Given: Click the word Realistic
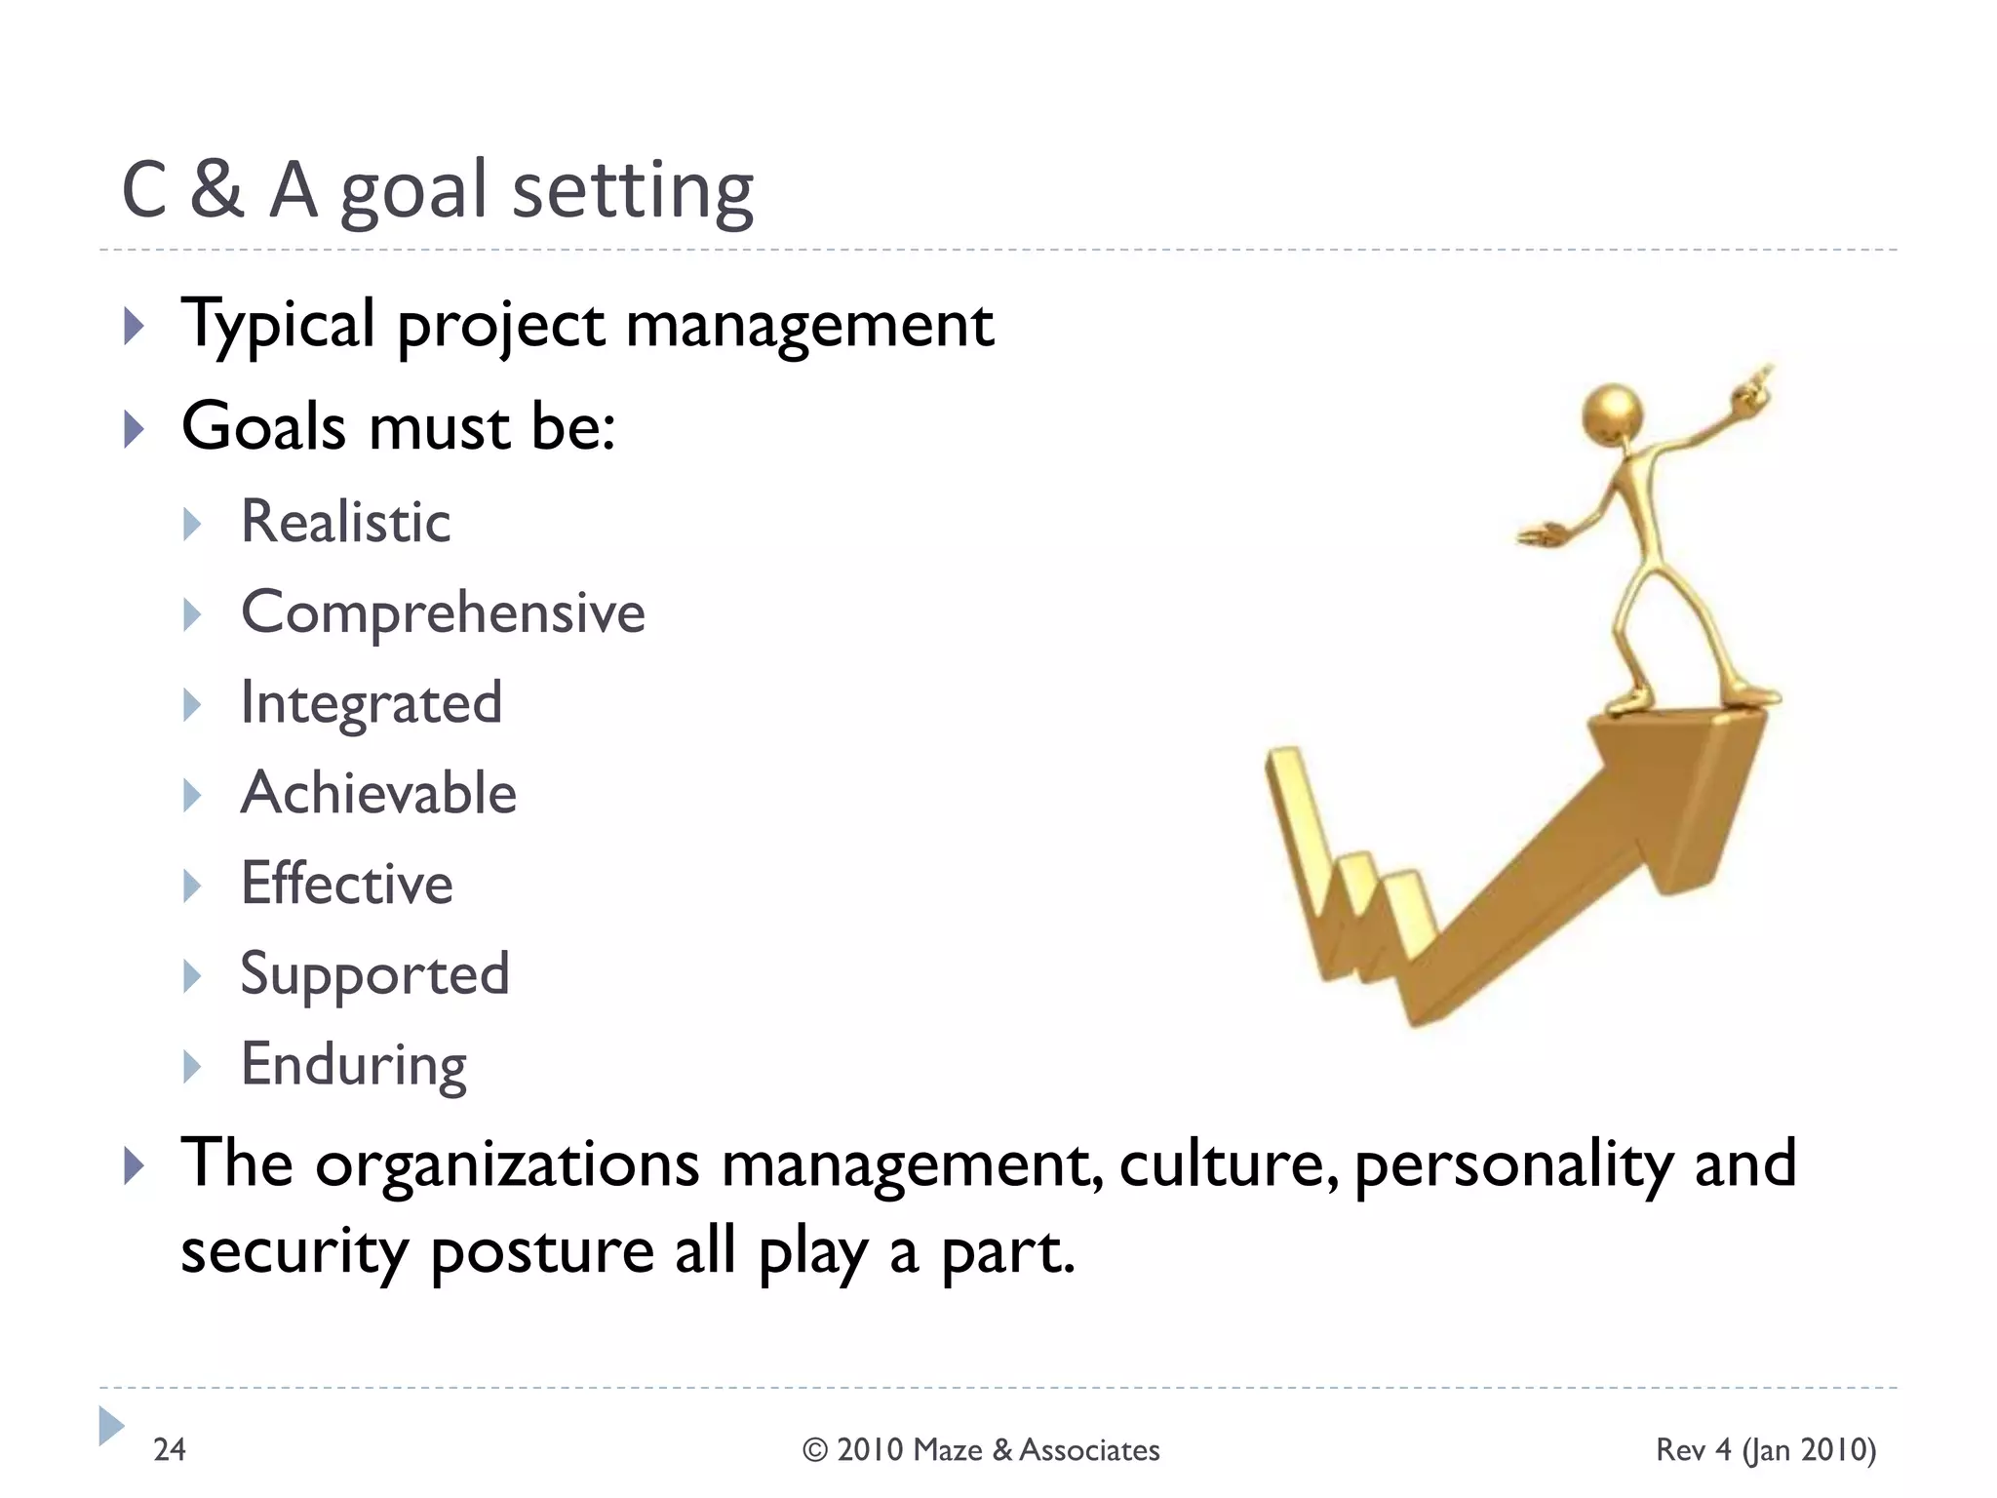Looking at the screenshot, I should [345, 522].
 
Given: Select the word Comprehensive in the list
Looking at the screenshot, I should [443, 612].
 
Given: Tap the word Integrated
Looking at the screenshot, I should [371, 703].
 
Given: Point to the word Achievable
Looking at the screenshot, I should [378, 793].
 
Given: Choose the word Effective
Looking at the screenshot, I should [346, 884].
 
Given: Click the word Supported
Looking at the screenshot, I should [374, 974].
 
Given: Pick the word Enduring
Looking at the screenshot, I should [353, 1065].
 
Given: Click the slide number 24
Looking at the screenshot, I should [169, 1450].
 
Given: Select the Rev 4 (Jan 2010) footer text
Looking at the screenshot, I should [1765, 1450].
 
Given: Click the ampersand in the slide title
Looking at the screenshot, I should [216, 189].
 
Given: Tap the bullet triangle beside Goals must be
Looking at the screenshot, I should [135, 428].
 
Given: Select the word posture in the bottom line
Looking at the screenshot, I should [541, 1252].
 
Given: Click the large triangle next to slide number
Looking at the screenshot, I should [110, 1426].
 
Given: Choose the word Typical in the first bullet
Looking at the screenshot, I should [278, 324].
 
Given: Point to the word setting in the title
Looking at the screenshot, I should [633, 189].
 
